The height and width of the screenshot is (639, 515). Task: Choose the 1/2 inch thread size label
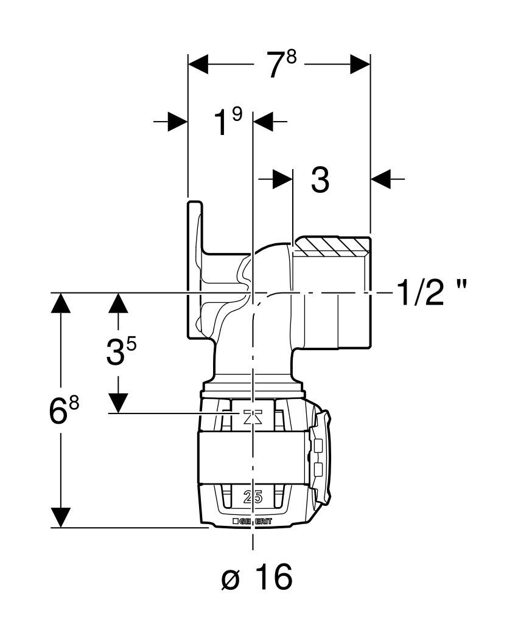click(432, 293)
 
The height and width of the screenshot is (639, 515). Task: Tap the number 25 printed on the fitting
click(253, 497)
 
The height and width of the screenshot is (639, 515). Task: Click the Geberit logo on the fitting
click(252, 521)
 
